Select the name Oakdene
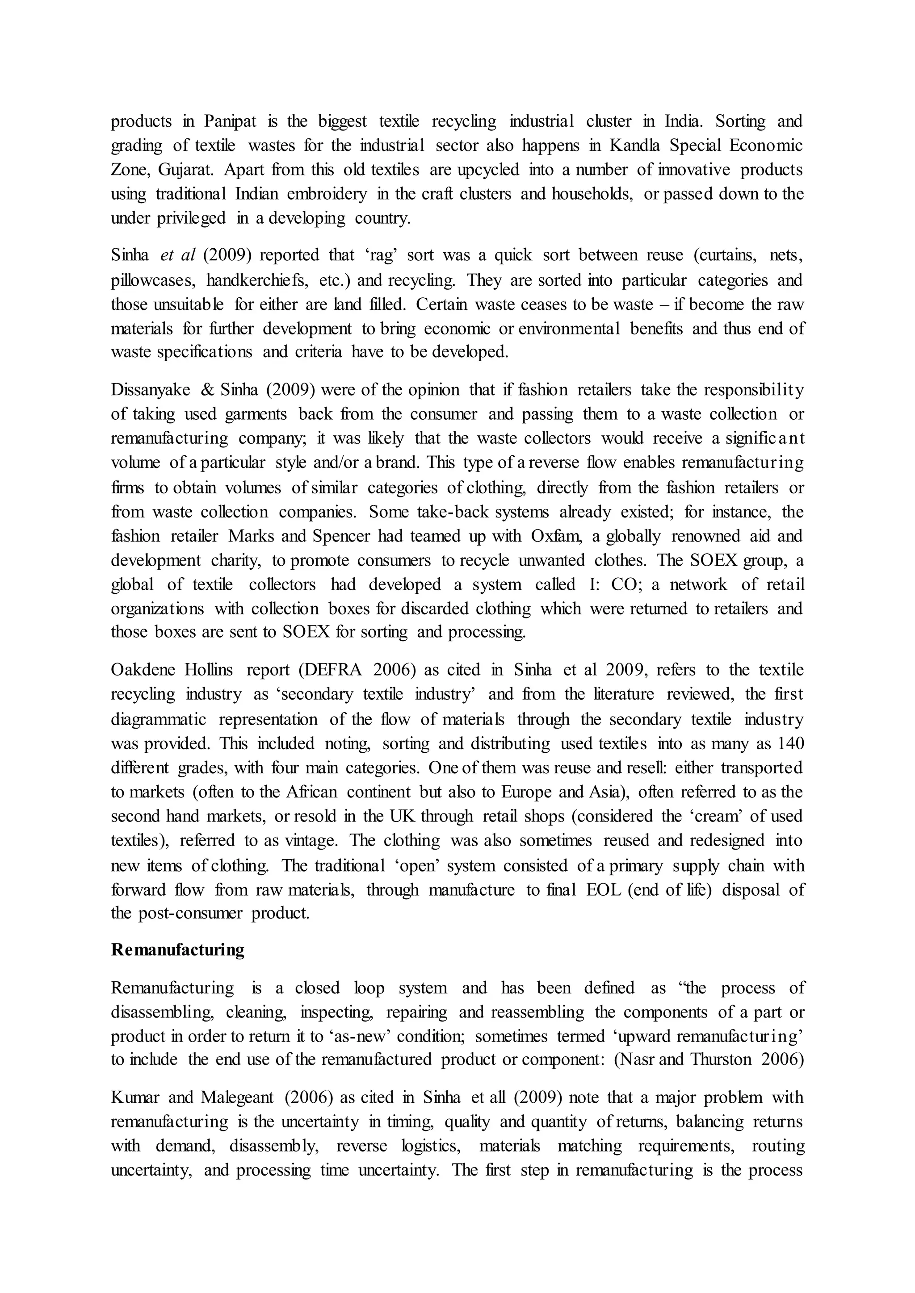143,670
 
